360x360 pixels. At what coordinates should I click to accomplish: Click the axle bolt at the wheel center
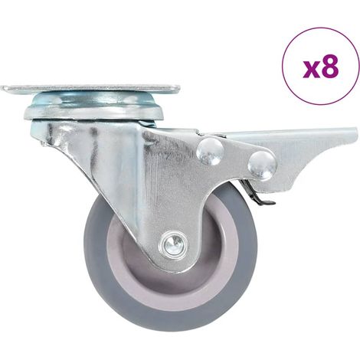coord(174,244)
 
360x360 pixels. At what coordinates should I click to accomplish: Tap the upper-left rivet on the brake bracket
coord(211,152)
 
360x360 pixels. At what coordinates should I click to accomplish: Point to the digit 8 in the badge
coord(329,67)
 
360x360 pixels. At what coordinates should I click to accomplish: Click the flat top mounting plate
coord(90,89)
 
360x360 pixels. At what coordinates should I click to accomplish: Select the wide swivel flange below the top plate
coord(93,113)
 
